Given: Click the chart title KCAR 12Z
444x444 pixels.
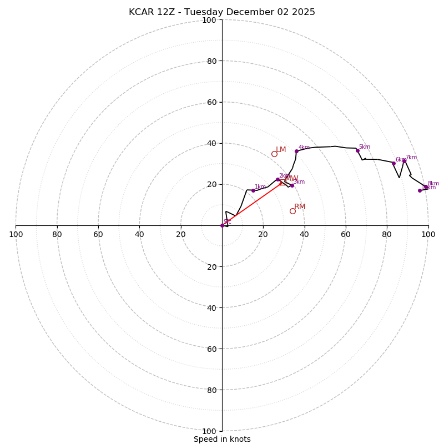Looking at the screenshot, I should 222,12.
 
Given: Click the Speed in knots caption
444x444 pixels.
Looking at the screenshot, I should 222,439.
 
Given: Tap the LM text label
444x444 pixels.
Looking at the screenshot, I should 281,150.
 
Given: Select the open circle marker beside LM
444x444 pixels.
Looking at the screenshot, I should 274,154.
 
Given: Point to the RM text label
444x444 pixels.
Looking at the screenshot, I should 300,207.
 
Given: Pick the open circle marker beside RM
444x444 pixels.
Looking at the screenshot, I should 292,211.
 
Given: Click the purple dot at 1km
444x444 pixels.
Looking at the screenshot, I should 253,190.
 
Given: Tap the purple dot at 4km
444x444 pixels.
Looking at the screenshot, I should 296,151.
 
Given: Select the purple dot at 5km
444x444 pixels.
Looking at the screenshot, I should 357,150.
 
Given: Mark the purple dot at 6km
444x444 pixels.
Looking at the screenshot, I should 393,163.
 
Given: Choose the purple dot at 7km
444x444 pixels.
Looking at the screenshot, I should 404,160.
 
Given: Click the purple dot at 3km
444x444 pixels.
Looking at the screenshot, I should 292,185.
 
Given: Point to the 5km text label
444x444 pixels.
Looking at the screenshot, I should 364,147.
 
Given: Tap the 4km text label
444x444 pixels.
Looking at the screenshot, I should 304,148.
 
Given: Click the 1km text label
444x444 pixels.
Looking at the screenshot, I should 260,187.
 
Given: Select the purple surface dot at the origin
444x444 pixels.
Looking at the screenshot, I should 222,225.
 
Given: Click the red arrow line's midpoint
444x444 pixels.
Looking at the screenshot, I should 252,204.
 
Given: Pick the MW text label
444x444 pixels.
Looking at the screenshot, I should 291,179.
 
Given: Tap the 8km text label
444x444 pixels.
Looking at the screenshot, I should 433,184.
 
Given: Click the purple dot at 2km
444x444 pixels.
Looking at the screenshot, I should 277,179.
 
